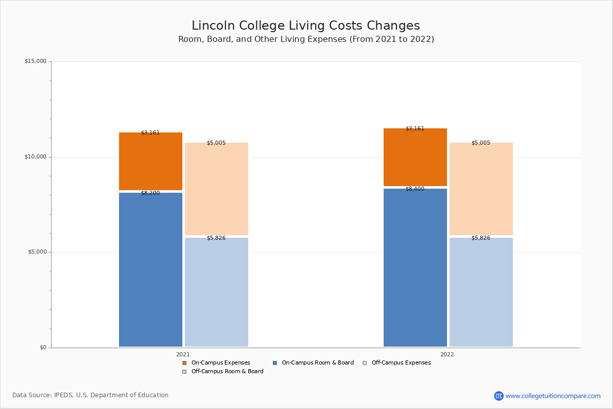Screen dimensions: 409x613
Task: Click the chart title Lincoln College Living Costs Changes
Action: pyautogui.click(x=305, y=26)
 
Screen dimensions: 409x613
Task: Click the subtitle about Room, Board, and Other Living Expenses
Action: pyautogui.click(x=306, y=39)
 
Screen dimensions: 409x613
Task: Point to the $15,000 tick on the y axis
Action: pyautogui.click(x=35, y=61)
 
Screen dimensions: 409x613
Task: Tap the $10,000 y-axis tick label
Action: pyautogui.click(x=35, y=157)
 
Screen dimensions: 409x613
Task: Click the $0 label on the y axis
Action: pyautogui.click(x=42, y=348)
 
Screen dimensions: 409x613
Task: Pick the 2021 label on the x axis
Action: pyautogui.click(x=183, y=354)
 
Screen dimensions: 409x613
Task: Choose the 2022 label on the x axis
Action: pyautogui.click(x=447, y=354)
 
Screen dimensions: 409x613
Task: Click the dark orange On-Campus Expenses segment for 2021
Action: pyautogui.click(x=151, y=162)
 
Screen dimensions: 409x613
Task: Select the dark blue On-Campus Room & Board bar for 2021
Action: pyautogui.click(x=151, y=269)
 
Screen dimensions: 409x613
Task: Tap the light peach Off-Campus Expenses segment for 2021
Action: pyautogui.click(x=217, y=189)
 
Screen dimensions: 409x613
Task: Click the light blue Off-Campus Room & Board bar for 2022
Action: pyautogui.click(x=481, y=292)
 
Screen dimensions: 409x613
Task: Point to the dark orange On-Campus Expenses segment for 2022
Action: pyautogui.click(x=415, y=157)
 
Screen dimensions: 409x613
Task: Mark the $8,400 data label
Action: pyautogui.click(x=415, y=189)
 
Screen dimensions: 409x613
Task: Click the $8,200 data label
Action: pyautogui.click(x=150, y=193)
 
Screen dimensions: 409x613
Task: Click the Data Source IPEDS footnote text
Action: pyautogui.click(x=90, y=395)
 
